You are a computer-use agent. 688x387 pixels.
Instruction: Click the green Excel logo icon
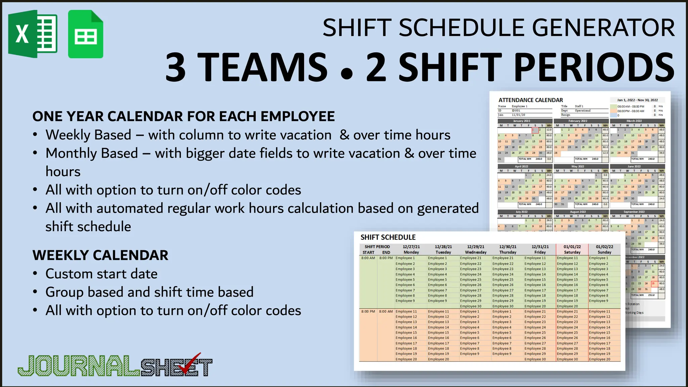33,34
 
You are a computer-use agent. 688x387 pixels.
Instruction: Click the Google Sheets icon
86,34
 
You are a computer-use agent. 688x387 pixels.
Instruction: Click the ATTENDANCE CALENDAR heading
530,100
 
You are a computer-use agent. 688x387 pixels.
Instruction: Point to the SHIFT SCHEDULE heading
388,237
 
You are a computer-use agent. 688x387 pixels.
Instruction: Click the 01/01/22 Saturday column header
572,249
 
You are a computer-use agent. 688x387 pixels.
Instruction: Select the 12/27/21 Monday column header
411,249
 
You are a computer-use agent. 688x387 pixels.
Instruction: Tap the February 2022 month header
578,121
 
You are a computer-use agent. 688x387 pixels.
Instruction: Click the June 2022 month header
634,166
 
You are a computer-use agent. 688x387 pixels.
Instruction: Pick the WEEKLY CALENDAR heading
100,255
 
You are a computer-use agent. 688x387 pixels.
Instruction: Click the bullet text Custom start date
101,274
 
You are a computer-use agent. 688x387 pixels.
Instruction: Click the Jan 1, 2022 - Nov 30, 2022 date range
637,100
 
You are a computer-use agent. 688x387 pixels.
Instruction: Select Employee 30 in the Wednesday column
471,306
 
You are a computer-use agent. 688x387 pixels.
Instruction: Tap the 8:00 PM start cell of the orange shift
368,311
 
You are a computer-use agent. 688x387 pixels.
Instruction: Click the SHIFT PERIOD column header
377,247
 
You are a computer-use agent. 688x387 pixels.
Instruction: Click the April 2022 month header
521,166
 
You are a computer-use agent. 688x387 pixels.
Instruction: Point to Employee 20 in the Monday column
406,359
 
